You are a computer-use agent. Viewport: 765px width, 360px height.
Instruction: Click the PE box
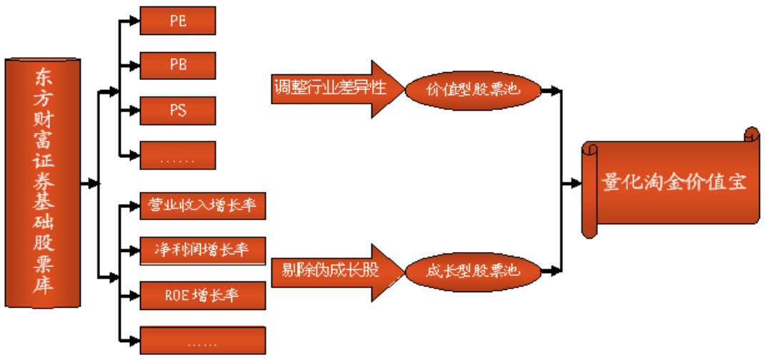pyautogui.click(x=178, y=21)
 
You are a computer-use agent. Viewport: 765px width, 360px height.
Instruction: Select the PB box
pyautogui.click(x=178, y=65)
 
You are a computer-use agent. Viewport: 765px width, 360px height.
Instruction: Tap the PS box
pyautogui.click(x=178, y=111)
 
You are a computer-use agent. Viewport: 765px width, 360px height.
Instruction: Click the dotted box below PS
pyautogui.click(x=178, y=156)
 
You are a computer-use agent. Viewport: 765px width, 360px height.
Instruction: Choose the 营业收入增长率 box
pyautogui.click(x=203, y=206)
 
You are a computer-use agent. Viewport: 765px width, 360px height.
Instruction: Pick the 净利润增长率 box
pyautogui.click(x=203, y=250)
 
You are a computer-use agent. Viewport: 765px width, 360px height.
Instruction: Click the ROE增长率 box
pyautogui.click(x=203, y=294)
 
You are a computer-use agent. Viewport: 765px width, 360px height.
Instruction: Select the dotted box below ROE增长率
pyautogui.click(x=203, y=339)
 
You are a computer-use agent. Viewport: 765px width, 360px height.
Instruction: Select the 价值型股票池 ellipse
pyautogui.click(x=472, y=91)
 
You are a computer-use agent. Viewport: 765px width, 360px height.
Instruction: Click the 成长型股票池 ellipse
pyautogui.click(x=472, y=271)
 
